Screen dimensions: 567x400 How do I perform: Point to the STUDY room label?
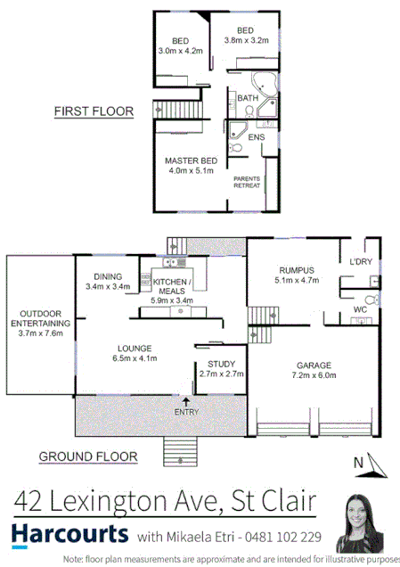[x=221, y=364]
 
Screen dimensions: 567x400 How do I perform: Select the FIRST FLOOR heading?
[x=94, y=111]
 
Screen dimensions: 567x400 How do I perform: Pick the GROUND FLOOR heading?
[x=88, y=456]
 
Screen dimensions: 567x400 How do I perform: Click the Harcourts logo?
[x=69, y=534]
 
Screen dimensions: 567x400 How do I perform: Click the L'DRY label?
[x=361, y=261]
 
